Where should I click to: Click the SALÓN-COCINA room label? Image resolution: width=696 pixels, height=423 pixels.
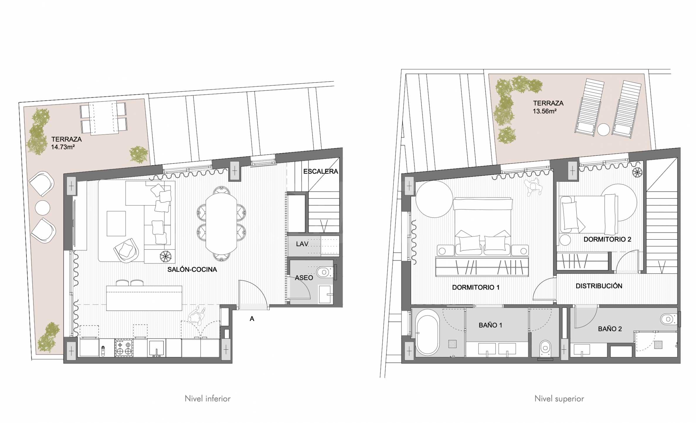tap(192, 270)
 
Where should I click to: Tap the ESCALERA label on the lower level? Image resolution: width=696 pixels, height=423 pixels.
tap(320, 171)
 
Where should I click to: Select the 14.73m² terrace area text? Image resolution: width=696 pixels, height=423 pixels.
tap(63, 147)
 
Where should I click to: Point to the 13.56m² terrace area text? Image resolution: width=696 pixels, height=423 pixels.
tap(544, 111)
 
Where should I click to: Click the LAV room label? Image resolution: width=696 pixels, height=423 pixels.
tap(302, 244)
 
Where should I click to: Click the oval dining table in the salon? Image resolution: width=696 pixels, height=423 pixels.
tap(221, 224)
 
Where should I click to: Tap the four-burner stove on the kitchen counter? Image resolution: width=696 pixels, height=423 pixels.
tap(124, 348)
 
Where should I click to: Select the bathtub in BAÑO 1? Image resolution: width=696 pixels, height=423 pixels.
tap(427, 335)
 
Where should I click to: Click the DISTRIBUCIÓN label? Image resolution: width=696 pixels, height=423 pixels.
tap(599, 286)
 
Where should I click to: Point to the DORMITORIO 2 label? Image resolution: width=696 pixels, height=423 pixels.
tap(607, 239)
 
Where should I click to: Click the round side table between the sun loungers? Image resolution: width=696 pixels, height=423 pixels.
tap(603, 130)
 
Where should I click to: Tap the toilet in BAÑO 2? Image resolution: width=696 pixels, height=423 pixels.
tap(670, 319)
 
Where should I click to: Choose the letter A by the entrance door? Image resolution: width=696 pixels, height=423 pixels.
tap(252, 319)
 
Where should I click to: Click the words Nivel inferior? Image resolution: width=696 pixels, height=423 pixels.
tap(208, 399)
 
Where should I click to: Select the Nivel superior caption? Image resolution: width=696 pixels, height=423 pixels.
tap(559, 399)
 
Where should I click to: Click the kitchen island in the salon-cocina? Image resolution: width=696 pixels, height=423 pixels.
tap(144, 298)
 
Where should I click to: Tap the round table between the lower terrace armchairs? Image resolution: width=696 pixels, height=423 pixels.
tap(43, 208)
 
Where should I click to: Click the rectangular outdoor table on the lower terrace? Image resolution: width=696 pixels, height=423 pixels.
tap(103, 118)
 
